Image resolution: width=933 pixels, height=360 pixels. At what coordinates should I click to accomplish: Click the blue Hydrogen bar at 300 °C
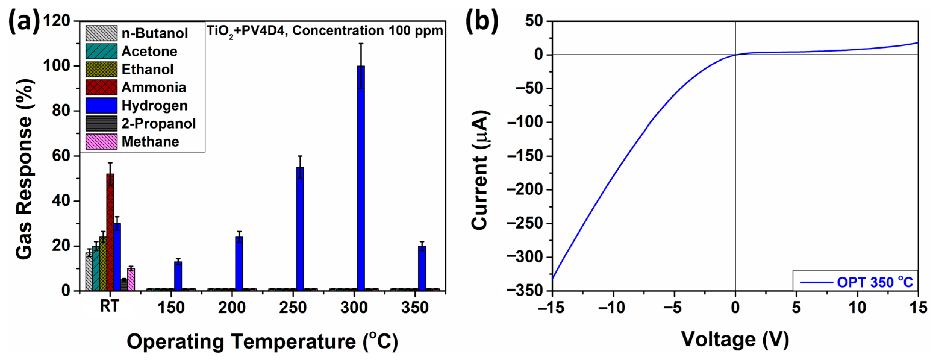[x=361, y=177]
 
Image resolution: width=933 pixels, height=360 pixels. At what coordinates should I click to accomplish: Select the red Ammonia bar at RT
[x=110, y=232]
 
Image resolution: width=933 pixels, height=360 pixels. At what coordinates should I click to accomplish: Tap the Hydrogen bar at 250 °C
[x=300, y=228]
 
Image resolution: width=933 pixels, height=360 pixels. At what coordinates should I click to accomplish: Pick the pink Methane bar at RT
[x=131, y=279]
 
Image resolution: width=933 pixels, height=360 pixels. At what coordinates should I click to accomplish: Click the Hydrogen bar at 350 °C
[x=422, y=268]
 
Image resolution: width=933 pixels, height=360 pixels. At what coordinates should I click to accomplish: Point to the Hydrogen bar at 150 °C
[x=178, y=276]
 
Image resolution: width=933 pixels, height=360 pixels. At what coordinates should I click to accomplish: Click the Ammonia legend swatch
[x=101, y=87]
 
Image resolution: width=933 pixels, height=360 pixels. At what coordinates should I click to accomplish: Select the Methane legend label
[x=150, y=142]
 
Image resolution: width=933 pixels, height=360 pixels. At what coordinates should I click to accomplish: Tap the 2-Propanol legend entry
[x=159, y=124]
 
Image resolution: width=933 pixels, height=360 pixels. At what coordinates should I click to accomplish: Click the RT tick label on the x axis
[x=109, y=307]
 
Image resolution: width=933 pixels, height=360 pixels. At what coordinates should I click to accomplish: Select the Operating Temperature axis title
[x=262, y=341]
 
